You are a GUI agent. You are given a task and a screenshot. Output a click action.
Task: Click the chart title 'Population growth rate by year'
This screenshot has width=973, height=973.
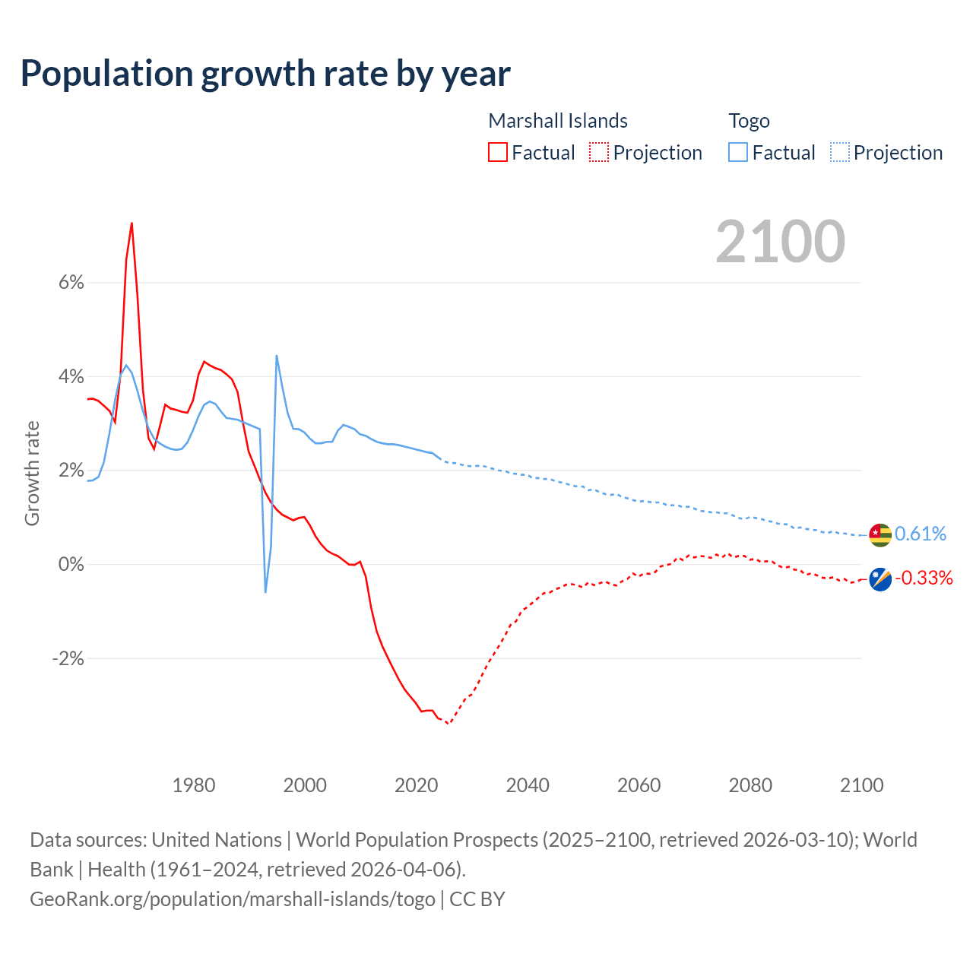coord(265,74)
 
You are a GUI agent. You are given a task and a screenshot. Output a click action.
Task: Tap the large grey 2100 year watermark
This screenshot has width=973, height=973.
coord(780,242)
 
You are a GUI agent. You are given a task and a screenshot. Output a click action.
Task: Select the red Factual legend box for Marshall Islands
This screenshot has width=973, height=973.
coord(498,152)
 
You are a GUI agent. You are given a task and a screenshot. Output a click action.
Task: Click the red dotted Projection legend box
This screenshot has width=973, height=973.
coord(599,152)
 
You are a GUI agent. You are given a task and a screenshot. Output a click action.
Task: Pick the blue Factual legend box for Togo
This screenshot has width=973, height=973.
coord(738,152)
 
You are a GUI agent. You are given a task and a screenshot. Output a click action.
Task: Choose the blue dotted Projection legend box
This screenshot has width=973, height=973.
coord(840,152)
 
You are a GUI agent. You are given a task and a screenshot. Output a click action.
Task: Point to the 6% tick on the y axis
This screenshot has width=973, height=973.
coord(71,283)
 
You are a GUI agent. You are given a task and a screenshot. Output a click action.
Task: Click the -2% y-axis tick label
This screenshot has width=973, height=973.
coord(68,658)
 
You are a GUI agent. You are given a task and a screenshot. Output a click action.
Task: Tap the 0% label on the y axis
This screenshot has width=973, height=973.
coord(71,565)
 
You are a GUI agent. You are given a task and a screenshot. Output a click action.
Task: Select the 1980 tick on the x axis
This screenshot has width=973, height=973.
coord(194,785)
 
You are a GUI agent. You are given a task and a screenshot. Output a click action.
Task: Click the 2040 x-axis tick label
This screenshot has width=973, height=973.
coord(528,785)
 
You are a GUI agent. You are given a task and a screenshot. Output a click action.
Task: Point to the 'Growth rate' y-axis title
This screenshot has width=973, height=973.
coord(32,473)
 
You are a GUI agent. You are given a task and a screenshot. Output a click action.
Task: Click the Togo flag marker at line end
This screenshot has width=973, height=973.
coord(880,535)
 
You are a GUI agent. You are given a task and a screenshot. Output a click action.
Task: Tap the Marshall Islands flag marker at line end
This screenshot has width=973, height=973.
coord(880,579)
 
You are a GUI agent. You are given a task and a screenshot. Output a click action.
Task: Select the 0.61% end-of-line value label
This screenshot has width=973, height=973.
coord(921,534)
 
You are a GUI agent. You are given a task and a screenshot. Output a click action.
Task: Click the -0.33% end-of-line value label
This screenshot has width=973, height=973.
coord(924,578)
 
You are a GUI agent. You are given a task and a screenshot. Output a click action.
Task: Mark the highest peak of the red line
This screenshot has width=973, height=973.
coord(132,223)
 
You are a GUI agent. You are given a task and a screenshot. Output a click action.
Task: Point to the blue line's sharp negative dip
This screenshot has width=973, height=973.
coord(265,591)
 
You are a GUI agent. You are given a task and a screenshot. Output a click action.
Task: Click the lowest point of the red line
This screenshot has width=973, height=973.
coord(448,724)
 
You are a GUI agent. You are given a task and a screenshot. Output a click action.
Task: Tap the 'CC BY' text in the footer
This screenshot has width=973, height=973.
coord(477,899)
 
